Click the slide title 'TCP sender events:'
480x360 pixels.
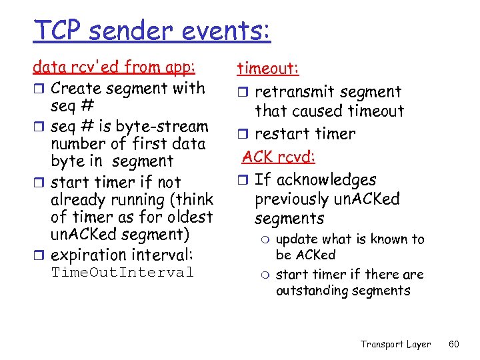pos(152,31)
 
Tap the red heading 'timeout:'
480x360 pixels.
pos(268,69)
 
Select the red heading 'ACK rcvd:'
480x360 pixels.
pos(279,157)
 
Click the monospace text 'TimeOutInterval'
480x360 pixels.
pos(122,273)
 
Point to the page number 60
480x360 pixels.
pos(455,344)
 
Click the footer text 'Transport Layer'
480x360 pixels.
pos(395,344)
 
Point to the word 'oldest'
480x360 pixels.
pos(191,217)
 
